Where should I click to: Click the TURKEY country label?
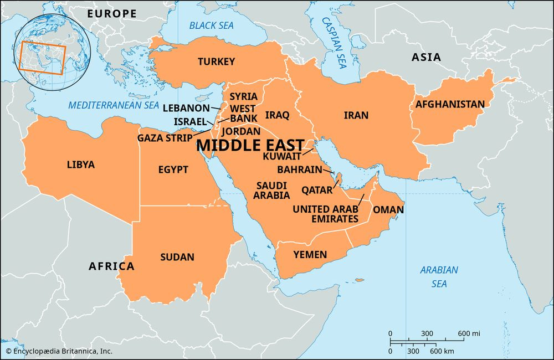pyautogui.click(x=217, y=61)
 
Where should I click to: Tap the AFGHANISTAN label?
pyautogui.click(x=450, y=104)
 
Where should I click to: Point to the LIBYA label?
pyautogui.click(x=81, y=164)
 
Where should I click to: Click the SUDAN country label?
pyautogui.click(x=177, y=257)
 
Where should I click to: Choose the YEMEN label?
pyautogui.click(x=310, y=254)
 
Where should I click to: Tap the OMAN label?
pyautogui.click(x=388, y=210)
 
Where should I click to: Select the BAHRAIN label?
pyautogui.click(x=299, y=169)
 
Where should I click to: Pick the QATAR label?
pyautogui.click(x=317, y=190)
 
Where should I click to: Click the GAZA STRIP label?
pyautogui.click(x=165, y=137)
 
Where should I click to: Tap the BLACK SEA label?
pyautogui.click(x=212, y=25)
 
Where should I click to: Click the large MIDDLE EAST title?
pyautogui.click(x=250, y=145)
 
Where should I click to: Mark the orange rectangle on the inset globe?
pyautogui.click(x=43, y=57)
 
